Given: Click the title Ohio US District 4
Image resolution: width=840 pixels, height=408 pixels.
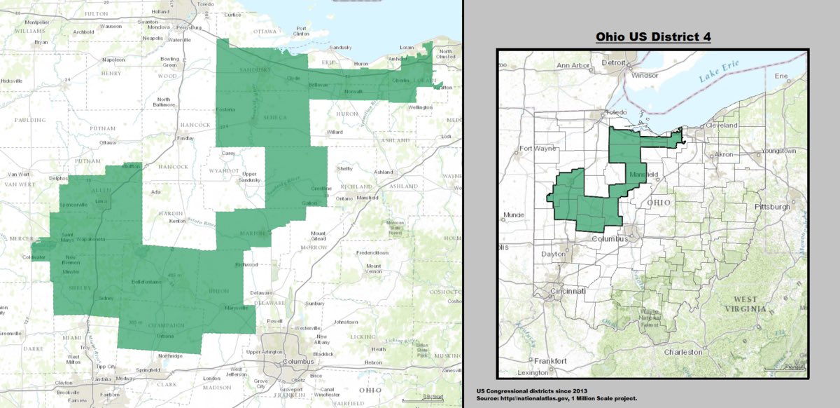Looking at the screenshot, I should point(653,36).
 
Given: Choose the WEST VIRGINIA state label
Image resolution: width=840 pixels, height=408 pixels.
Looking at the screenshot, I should point(745,304).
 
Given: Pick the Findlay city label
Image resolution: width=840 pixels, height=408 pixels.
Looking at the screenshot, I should point(185,138).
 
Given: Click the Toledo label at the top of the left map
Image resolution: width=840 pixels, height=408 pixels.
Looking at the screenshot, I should point(205,4).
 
